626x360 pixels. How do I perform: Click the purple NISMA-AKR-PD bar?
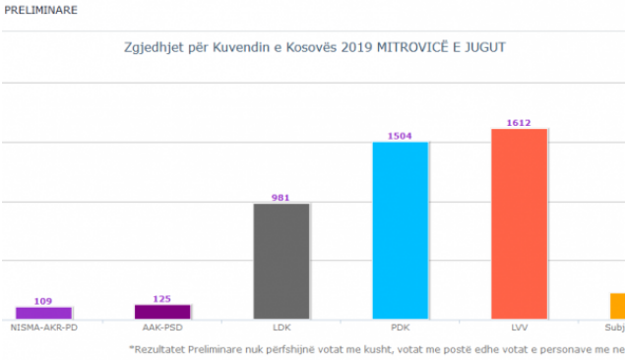click(43, 313)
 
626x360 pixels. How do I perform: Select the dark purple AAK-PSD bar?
click(162, 312)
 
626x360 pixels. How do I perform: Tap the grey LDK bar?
click(282, 261)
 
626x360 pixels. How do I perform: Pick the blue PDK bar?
click(401, 230)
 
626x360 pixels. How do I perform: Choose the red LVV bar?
click(519, 223)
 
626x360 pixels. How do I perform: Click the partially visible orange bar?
click(617, 306)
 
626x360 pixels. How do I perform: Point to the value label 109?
click(43, 301)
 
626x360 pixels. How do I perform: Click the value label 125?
click(162, 298)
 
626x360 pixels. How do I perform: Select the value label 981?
click(282, 198)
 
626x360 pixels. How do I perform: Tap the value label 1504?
click(401, 136)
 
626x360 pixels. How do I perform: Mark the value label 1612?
click(519, 123)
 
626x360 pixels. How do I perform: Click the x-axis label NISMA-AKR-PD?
click(43, 328)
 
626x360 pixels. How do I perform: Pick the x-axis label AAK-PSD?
click(162, 328)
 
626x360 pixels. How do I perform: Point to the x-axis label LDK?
click(282, 328)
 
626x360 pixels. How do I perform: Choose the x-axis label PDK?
click(401, 328)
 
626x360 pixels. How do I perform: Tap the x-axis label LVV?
click(519, 328)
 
